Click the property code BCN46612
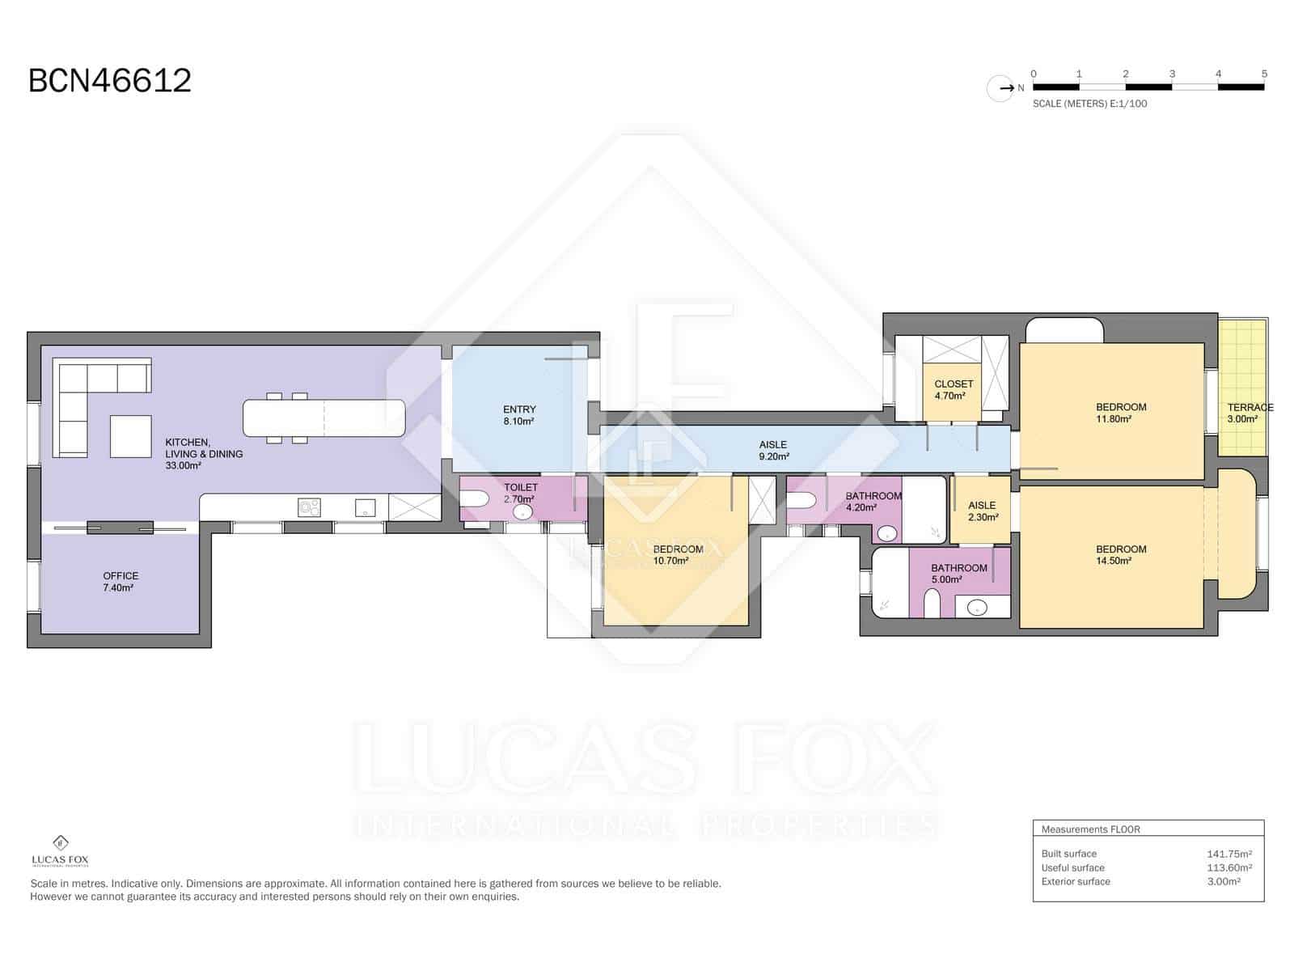click(110, 81)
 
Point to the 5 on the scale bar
click(1264, 74)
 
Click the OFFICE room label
click(121, 576)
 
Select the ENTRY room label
click(519, 409)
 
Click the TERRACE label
click(1250, 407)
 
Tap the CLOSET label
click(954, 384)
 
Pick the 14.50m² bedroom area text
click(1114, 561)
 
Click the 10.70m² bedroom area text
click(671, 561)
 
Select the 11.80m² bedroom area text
click(1114, 419)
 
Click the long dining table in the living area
click(324, 418)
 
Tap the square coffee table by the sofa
click(131, 435)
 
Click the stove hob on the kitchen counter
click(309, 507)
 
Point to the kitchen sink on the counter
click(366, 507)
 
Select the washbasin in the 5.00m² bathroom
click(978, 607)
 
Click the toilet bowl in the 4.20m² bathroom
click(801, 501)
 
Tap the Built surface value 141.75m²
click(1229, 854)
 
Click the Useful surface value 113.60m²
click(1229, 867)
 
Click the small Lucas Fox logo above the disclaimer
click(60, 851)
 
